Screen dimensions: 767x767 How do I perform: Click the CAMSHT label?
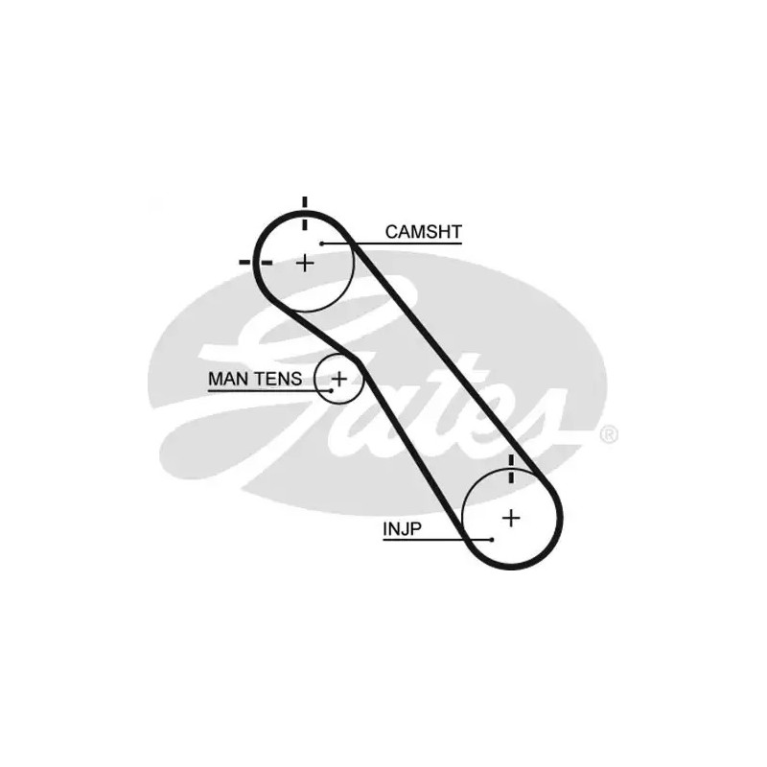click(423, 231)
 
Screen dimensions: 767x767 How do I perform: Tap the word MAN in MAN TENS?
click(226, 379)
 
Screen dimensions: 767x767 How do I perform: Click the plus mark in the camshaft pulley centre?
click(305, 262)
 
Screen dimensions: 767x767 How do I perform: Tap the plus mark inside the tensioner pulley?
click(339, 378)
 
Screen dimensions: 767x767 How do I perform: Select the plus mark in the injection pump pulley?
click(512, 518)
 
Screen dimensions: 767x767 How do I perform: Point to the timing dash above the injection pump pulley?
click(512, 469)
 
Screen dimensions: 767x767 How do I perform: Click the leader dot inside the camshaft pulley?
click(323, 244)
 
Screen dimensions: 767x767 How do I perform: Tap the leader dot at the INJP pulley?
click(491, 540)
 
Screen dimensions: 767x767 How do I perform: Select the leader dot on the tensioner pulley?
click(331, 389)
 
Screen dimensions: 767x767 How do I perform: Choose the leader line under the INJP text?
click(422, 540)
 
